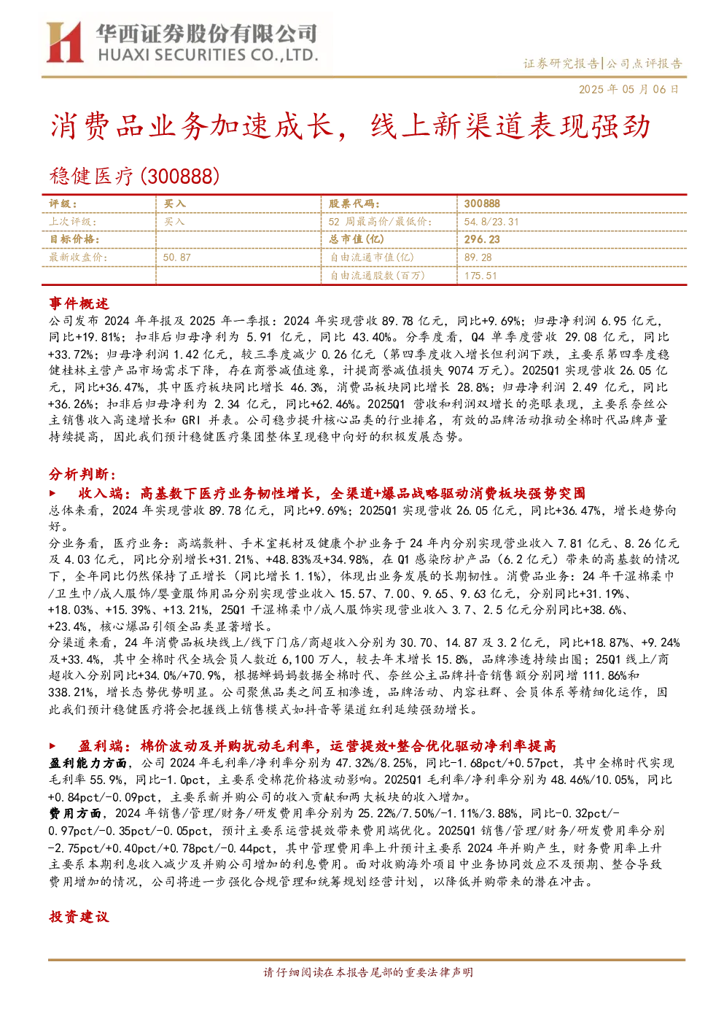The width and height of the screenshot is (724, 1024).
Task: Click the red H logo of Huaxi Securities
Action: (x=64, y=42)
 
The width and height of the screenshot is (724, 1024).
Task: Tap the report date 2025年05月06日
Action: (x=628, y=89)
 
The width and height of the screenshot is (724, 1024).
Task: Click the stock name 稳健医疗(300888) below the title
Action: (x=134, y=176)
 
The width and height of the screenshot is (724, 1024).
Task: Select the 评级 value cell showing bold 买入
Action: (x=174, y=203)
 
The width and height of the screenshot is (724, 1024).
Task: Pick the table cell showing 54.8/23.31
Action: (x=491, y=222)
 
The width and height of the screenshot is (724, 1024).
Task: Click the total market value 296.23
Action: (x=482, y=239)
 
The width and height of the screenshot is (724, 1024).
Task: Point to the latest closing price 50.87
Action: (x=177, y=257)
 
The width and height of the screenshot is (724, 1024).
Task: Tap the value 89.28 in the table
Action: (x=478, y=257)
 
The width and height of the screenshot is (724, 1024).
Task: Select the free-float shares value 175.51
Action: (x=480, y=276)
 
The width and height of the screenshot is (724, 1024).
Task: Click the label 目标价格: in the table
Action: (x=74, y=239)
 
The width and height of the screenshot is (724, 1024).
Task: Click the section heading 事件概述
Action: (x=79, y=303)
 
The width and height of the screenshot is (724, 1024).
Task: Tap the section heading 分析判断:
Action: (x=82, y=474)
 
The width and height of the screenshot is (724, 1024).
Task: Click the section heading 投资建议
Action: (x=79, y=917)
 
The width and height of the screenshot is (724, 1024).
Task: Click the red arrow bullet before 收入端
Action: (x=52, y=493)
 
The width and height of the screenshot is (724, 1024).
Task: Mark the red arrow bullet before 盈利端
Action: (x=52, y=746)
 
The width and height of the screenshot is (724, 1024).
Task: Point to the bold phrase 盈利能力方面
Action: (x=87, y=763)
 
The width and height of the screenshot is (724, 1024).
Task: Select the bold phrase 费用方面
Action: (x=75, y=813)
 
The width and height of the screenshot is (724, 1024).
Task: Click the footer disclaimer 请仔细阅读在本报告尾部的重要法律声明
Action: (x=368, y=972)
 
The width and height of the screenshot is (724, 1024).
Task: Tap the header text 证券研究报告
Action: (x=561, y=63)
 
